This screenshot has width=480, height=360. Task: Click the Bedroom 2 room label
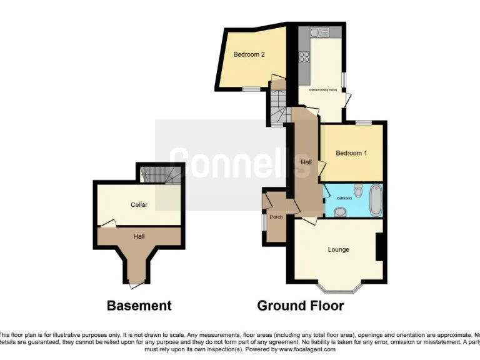[249, 54]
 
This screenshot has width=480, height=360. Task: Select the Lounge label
[338, 250]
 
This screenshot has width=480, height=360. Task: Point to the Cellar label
[139, 205]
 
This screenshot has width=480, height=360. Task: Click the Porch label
[276, 217]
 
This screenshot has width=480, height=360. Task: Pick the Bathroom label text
[344, 197]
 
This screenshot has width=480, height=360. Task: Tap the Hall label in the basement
[139, 236]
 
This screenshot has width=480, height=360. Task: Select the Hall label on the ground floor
[306, 162]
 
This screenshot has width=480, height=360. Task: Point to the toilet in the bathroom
[357, 191]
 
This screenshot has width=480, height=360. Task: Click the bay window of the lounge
[337, 288]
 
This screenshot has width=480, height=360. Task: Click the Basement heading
[139, 306]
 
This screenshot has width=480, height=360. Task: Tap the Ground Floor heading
[301, 306]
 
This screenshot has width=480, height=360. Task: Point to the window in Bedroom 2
[252, 89]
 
